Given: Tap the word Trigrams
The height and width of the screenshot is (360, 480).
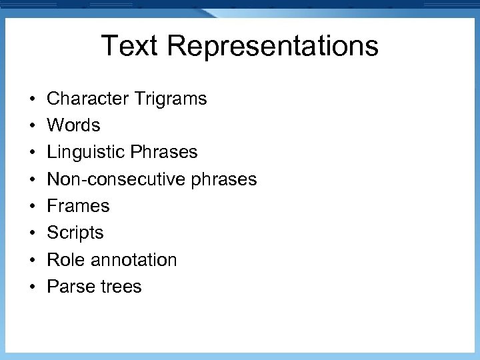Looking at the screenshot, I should (170, 99).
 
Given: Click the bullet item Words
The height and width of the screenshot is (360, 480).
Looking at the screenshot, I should (73, 125).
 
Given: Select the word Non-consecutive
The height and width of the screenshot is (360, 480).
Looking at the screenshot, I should (110, 179).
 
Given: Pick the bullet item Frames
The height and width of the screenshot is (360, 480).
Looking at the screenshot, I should (78, 206).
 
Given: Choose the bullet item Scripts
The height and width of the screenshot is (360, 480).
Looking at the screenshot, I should (75, 233).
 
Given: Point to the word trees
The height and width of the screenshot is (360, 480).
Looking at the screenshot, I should (120, 287).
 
